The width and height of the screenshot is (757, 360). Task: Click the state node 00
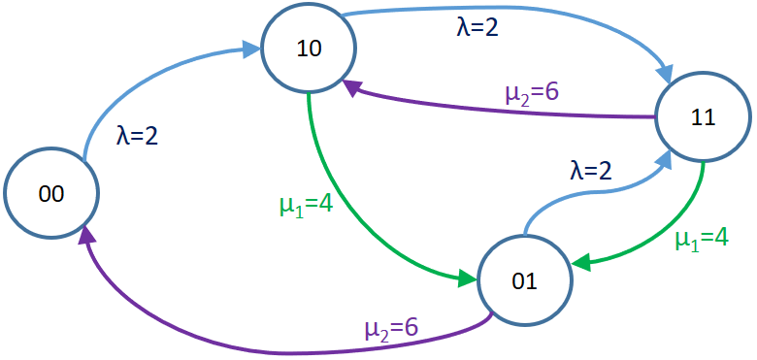pyautogui.click(x=50, y=193)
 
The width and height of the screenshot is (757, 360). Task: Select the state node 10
pyautogui.click(x=309, y=48)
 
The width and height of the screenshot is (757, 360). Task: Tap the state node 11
pyautogui.click(x=703, y=117)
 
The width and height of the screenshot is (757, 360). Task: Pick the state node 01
pyautogui.click(x=524, y=281)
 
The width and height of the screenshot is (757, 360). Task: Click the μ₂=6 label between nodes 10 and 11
pyautogui.click(x=531, y=93)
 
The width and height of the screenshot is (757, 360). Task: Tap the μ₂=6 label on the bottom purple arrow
pyautogui.click(x=391, y=328)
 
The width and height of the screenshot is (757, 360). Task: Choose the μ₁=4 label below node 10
pyautogui.click(x=306, y=205)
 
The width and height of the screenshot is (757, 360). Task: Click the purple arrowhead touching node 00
pyautogui.click(x=87, y=236)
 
